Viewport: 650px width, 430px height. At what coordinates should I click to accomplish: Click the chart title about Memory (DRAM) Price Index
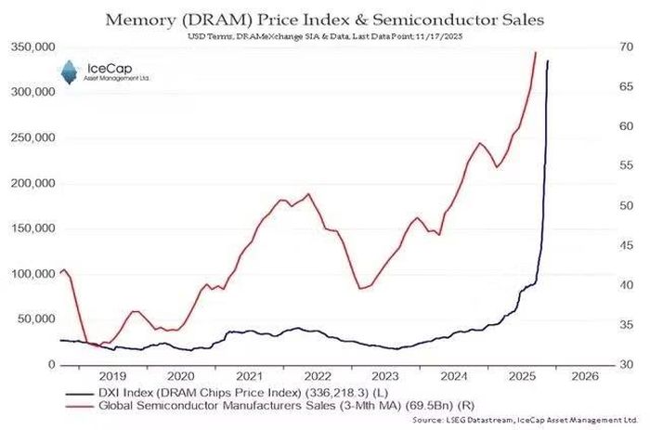click(x=325, y=20)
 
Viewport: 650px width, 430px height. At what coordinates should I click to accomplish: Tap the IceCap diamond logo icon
click(x=70, y=72)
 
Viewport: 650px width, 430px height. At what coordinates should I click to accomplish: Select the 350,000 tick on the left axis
click(x=32, y=46)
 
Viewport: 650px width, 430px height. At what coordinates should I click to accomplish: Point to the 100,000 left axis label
click(x=32, y=274)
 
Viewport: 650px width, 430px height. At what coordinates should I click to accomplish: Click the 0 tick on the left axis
click(x=51, y=364)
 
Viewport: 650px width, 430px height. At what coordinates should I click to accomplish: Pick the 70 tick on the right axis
click(x=627, y=46)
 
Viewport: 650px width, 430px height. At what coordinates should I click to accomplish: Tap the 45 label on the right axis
click(x=627, y=245)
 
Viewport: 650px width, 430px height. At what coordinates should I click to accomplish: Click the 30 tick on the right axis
click(x=627, y=364)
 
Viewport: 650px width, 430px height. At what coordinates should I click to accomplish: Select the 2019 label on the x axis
click(x=112, y=376)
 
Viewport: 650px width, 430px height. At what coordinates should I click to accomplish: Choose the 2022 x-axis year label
click(x=318, y=376)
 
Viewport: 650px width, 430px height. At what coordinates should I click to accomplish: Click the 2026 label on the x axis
click(x=585, y=376)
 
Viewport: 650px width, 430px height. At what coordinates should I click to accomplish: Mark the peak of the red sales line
click(x=535, y=52)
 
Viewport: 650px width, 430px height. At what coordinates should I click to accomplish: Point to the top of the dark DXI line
click(x=548, y=61)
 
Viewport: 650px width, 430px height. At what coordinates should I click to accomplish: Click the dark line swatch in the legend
click(x=79, y=393)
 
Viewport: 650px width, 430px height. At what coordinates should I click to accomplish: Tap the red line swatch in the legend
click(x=79, y=406)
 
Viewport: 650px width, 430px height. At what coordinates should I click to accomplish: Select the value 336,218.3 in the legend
click(x=336, y=393)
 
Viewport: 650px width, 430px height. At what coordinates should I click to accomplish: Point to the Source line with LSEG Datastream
click(x=526, y=420)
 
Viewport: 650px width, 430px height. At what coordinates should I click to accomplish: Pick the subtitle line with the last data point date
click(x=325, y=36)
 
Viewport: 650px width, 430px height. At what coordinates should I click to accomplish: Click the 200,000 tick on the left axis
click(x=32, y=183)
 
